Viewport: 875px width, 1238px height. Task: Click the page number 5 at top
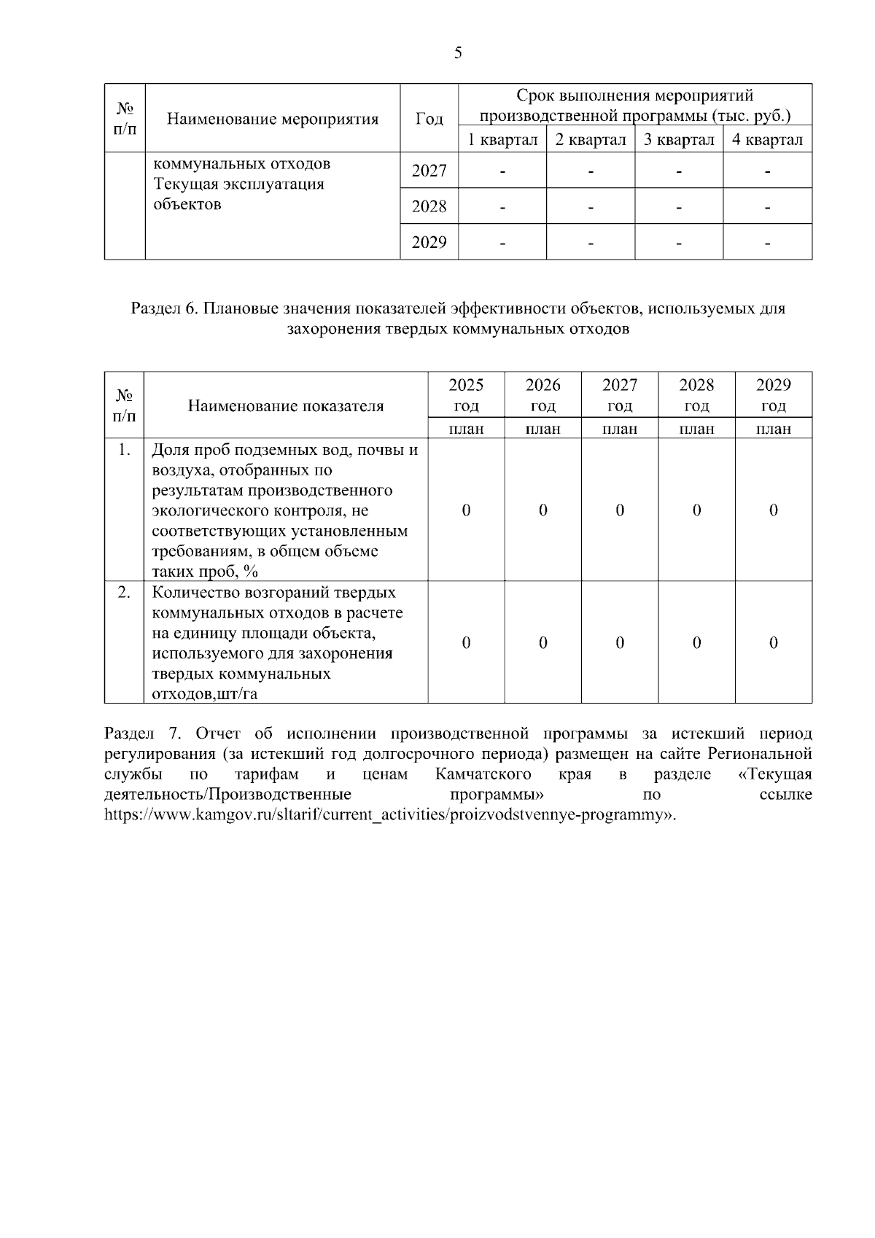[458, 52]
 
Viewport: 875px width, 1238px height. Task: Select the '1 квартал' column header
[502, 139]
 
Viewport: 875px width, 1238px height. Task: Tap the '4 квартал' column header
[767, 139]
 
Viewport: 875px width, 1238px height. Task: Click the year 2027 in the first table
[429, 171]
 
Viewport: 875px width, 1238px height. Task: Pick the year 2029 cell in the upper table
[429, 242]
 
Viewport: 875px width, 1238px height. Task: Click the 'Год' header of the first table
[429, 119]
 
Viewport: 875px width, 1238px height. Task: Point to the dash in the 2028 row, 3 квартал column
[679, 207]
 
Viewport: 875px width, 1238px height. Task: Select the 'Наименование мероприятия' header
[273, 119]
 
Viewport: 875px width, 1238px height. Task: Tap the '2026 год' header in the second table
[542, 394]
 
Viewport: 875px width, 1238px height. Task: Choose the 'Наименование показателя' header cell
[286, 406]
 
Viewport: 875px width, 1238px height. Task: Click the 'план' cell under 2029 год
[773, 429]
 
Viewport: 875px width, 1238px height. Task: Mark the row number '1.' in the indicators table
[124, 450]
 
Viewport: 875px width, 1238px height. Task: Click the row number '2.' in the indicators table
[124, 592]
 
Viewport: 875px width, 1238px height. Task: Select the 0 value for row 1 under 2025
[466, 510]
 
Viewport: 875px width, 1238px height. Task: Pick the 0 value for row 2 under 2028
[696, 642]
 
